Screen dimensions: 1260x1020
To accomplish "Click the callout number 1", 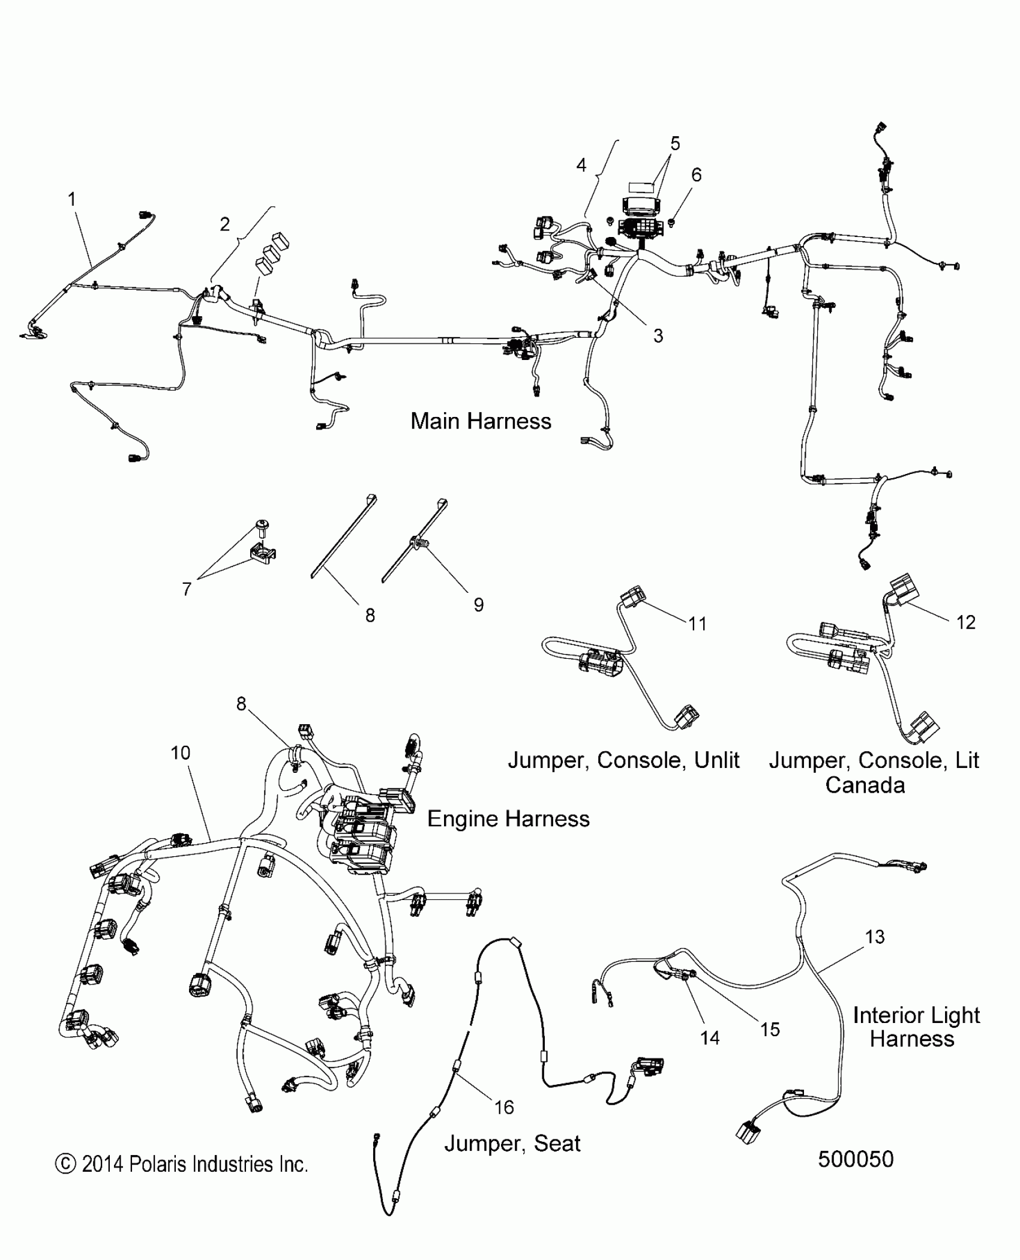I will (x=72, y=199).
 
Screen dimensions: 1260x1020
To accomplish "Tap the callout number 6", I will (x=696, y=175).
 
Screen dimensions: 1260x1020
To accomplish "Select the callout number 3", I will (x=658, y=336).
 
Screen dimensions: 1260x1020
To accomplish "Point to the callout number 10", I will (x=180, y=752).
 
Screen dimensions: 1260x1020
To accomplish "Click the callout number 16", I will (x=504, y=1107).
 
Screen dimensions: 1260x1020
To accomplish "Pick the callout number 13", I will (x=875, y=937).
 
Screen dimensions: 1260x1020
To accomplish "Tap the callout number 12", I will (x=965, y=622).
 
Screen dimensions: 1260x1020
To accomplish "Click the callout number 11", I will (x=697, y=624).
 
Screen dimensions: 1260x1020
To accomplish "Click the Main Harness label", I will (x=481, y=421).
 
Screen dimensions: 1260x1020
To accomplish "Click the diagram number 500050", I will (x=856, y=1159).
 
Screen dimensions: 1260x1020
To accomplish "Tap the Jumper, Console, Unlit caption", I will (x=623, y=760).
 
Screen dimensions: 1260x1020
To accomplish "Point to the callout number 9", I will (x=478, y=604).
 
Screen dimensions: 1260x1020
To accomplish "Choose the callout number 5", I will (x=675, y=143).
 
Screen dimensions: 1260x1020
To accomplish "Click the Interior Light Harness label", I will (x=916, y=1027).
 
